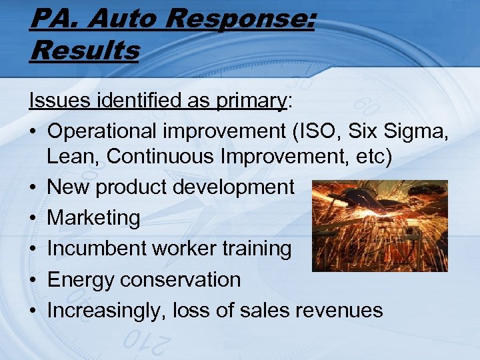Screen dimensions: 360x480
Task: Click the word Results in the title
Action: pyautogui.click(x=85, y=50)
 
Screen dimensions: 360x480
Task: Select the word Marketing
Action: pyautogui.click(x=94, y=218)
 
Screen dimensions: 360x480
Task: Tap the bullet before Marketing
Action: pyautogui.click(x=33, y=218)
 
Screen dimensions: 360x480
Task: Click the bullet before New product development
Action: pyautogui.click(x=33, y=187)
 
